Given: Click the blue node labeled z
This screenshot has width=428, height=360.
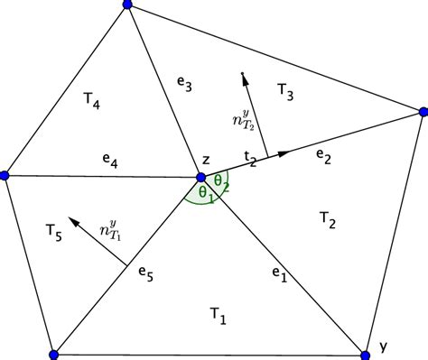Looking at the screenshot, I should pyautogui.click(x=200, y=176).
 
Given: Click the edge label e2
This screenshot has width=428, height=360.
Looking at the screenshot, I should pyautogui.click(x=321, y=156).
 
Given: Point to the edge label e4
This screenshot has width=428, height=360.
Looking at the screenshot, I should pyautogui.click(x=109, y=162).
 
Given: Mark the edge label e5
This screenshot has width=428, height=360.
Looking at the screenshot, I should pyautogui.click(x=144, y=270).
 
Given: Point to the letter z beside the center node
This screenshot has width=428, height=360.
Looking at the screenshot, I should pyautogui.click(x=206, y=160).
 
